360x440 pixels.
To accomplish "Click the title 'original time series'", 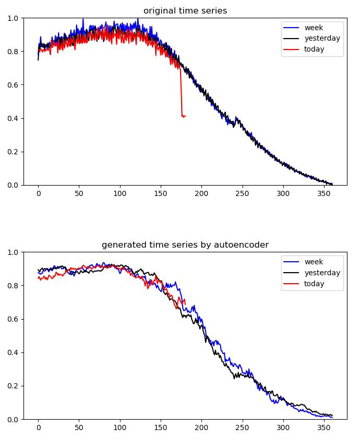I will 185,11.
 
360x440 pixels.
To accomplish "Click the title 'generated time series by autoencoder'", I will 185,245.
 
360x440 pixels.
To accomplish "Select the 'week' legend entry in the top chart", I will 314,28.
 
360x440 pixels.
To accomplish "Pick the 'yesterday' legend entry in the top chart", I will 322,39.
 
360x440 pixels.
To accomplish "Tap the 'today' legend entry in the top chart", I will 314,50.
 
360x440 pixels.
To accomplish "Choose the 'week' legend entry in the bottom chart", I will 314,262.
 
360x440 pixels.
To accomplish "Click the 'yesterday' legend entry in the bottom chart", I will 322,273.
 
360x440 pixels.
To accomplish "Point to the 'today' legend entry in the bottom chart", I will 314,284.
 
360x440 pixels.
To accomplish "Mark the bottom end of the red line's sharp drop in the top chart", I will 182,116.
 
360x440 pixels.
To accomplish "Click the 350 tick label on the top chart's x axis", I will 324,193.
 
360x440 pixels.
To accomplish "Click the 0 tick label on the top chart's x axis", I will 38,193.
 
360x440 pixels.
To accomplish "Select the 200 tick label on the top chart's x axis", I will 201,193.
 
